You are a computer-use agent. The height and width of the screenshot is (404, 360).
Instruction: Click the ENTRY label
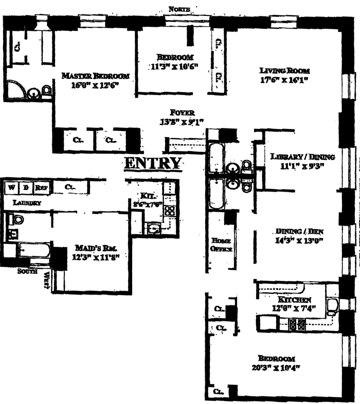tap(153, 163)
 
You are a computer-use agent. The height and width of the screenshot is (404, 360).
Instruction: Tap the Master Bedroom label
tap(96, 76)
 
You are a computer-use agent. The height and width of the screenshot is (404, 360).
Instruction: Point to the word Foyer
tap(183, 113)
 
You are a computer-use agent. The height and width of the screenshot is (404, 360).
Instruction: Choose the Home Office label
tap(221, 245)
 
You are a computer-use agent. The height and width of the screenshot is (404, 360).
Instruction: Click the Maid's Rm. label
tap(93, 247)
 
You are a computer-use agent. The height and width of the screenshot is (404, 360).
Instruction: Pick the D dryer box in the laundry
tap(26, 187)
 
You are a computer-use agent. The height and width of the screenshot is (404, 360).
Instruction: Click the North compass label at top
tap(179, 9)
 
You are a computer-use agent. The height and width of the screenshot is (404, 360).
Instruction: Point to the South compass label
tap(27, 271)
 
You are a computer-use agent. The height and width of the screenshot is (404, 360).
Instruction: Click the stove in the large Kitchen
tap(297, 324)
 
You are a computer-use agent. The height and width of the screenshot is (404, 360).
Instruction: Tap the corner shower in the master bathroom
tap(14, 90)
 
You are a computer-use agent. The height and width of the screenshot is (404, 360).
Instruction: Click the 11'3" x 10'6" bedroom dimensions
tap(174, 66)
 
